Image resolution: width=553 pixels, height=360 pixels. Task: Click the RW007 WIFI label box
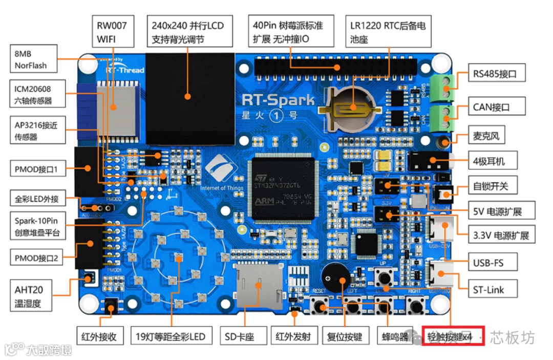(113, 31)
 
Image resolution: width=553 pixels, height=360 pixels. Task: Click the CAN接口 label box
(491, 108)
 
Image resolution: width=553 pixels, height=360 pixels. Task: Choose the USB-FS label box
(488, 263)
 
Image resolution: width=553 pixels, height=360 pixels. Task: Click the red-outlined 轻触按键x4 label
(453, 337)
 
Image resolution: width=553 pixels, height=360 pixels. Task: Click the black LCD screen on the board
(190, 97)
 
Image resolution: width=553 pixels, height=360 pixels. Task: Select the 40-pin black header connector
(337, 67)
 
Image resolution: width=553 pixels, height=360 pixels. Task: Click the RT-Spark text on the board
(278, 99)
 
